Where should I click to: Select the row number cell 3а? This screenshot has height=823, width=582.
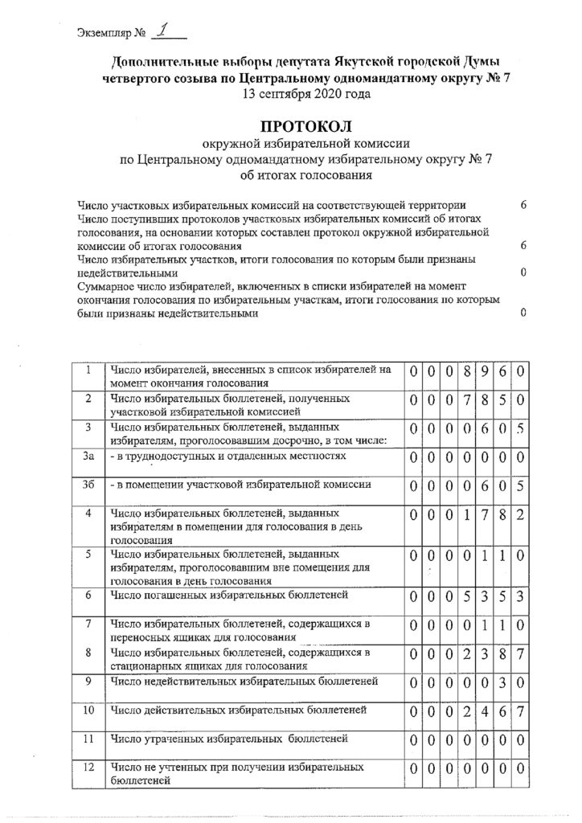coord(90,457)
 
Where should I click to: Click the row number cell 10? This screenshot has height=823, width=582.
coord(90,710)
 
